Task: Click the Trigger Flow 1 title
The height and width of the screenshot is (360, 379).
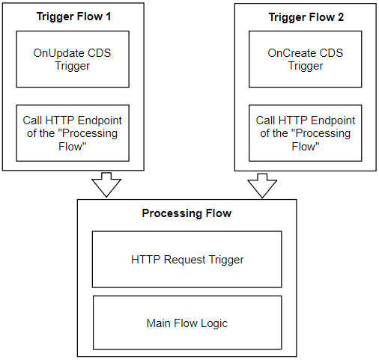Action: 73,16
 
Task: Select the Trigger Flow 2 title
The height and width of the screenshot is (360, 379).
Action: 306,17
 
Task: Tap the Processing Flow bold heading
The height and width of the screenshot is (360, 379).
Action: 187,213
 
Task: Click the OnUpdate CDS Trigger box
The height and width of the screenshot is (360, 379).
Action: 73,59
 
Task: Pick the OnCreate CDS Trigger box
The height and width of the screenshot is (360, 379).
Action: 306,59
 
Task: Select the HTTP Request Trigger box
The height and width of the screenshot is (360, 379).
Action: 187,260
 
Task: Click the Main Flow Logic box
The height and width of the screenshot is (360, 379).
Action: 187,323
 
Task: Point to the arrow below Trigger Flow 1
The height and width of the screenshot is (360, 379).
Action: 106,185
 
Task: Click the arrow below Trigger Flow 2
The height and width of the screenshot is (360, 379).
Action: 262,186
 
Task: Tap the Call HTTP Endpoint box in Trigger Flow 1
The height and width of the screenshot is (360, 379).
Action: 73,133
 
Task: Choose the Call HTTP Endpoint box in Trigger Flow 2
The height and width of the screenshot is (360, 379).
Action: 306,133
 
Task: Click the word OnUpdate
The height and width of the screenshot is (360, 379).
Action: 55,53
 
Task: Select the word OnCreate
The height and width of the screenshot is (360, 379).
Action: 289,53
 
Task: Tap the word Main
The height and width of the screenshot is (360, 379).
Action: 159,323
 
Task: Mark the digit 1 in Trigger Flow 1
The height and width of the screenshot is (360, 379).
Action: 108,16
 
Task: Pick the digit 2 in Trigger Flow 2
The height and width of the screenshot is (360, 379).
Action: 341,17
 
